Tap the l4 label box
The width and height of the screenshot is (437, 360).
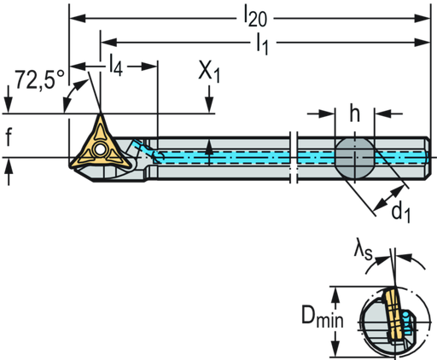[x=117, y=66]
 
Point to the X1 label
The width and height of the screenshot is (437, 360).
[x=209, y=74]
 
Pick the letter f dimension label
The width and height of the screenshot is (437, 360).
[x=9, y=136]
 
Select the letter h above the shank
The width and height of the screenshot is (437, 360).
[x=354, y=112]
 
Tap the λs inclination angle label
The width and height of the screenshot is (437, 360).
[x=363, y=250]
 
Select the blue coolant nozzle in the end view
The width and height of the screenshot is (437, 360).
[x=408, y=322]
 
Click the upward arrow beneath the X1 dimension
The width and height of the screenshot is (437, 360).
[x=210, y=145]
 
